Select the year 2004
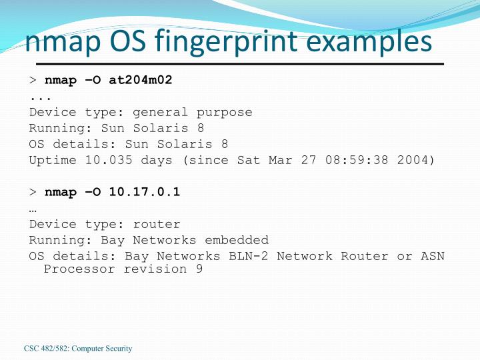[412, 160]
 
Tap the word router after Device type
[156, 224]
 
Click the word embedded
[237, 240]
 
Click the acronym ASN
[432, 256]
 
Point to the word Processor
[79, 269]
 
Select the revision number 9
[199, 269]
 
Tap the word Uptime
[53, 160]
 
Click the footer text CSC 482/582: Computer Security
[79, 349]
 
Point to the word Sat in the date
[248, 160]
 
